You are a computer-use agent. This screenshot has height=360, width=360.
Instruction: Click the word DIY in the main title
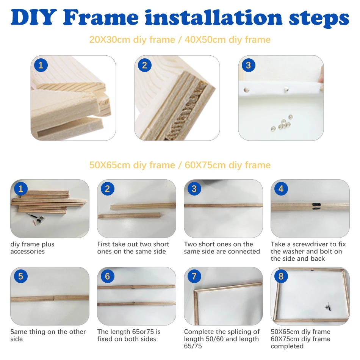(33, 17)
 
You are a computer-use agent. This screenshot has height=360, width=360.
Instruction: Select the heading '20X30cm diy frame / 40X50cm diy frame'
(180, 39)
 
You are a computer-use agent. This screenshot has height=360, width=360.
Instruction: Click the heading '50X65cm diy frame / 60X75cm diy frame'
(180, 165)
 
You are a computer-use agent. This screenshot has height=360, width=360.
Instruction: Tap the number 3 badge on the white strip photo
(249, 65)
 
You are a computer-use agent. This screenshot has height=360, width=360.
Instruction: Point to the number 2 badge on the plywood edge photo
(145, 65)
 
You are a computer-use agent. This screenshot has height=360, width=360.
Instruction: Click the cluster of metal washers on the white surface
(282, 123)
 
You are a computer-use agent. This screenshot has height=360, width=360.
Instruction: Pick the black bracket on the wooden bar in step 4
(316, 206)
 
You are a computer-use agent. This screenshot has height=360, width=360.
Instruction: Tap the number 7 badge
(194, 276)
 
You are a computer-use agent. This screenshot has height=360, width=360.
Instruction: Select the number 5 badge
(21, 276)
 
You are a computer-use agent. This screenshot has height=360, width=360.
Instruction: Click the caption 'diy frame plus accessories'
(32, 248)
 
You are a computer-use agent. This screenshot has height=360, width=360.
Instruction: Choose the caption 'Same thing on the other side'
(48, 335)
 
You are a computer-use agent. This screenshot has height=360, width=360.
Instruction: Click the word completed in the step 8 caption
(287, 346)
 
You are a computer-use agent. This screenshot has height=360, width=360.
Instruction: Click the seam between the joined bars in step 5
(54, 298)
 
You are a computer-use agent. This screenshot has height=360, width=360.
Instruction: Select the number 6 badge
(108, 276)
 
